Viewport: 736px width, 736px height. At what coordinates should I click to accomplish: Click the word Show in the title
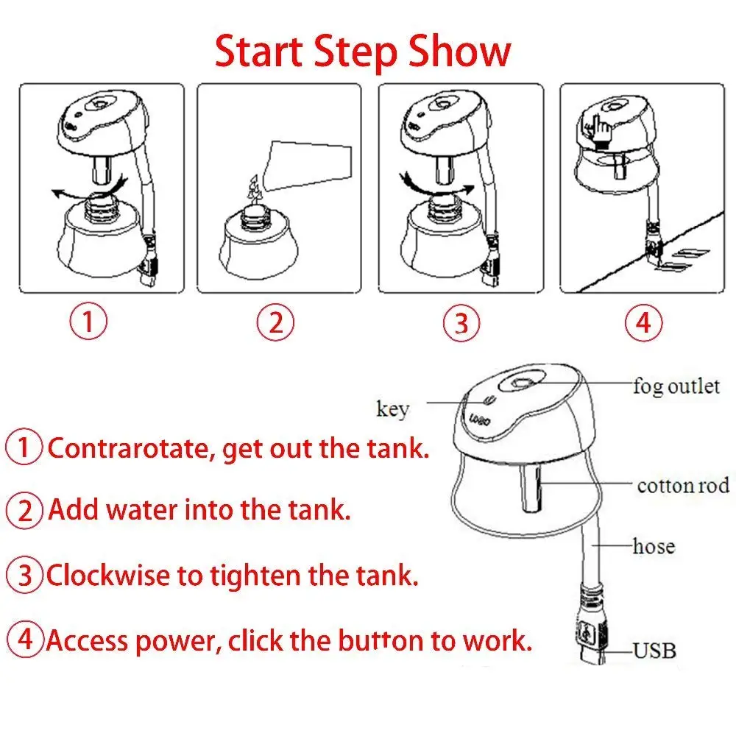coord(459,52)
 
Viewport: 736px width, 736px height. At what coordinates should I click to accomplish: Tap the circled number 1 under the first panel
coord(88,322)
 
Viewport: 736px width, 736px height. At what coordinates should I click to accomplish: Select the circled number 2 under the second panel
coord(275,322)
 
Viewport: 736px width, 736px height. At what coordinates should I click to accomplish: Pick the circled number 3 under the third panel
coord(461,323)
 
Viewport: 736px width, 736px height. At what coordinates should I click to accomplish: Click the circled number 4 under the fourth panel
coord(643,322)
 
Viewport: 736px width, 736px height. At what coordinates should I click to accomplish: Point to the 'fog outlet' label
coord(676,386)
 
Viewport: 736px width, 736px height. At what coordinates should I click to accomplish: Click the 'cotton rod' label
coord(683,486)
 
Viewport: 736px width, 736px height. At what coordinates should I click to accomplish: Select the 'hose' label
coord(654,546)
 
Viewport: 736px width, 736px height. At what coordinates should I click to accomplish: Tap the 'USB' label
coord(655,651)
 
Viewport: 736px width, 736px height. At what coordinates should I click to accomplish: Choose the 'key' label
coord(393,408)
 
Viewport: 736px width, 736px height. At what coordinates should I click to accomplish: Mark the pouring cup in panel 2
coord(308,165)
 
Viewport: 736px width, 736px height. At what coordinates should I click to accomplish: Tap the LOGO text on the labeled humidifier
coord(480,420)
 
